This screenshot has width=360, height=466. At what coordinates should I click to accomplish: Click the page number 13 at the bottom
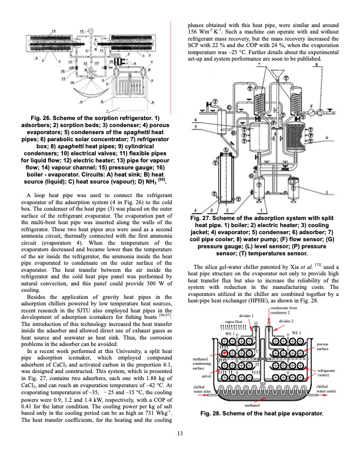point(180,451)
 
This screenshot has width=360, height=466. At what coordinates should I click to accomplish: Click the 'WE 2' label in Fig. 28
point(295,333)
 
